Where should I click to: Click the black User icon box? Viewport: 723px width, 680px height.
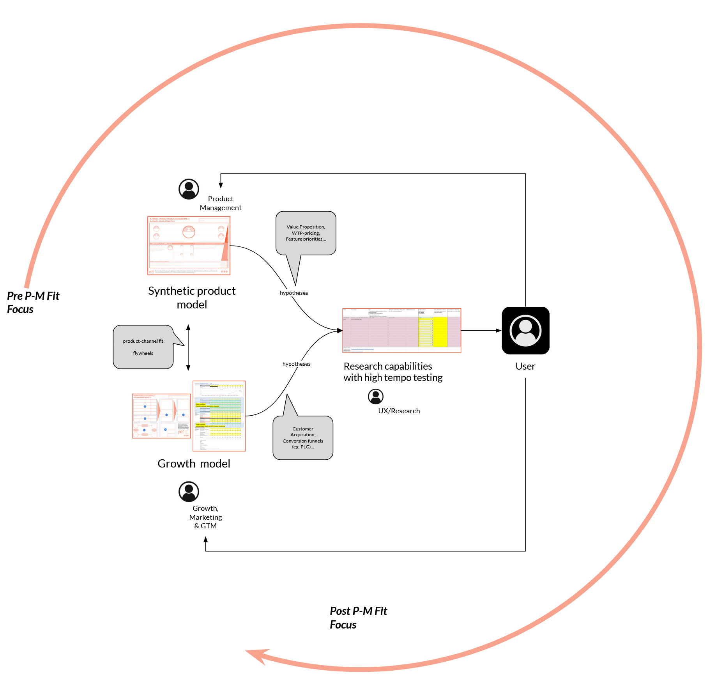point(525,330)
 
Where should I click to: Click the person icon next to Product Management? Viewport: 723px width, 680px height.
point(189,189)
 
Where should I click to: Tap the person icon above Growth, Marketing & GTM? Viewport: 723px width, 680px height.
point(189,491)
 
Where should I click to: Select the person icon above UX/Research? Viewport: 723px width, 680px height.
point(375,396)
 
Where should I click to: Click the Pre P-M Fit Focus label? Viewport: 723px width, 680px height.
point(33,303)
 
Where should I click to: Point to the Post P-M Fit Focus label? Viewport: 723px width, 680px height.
point(358,618)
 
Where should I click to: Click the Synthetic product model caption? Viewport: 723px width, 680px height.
point(192,297)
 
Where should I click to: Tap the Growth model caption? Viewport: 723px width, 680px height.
point(194,464)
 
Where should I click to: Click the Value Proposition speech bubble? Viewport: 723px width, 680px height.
point(306,233)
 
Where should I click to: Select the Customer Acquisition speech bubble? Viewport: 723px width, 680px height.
point(303,438)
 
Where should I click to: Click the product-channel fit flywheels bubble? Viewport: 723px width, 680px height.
point(143,347)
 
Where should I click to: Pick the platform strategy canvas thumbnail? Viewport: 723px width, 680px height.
point(189,246)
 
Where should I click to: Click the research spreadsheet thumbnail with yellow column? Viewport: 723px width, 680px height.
point(401,331)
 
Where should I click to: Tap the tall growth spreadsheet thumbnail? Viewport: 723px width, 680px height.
point(219,416)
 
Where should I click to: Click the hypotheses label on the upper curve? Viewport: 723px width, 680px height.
point(294,293)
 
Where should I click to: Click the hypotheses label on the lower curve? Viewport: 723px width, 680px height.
point(296,364)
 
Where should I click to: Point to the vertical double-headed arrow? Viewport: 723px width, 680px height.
point(188,347)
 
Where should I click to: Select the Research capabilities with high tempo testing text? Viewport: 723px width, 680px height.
point(392,372)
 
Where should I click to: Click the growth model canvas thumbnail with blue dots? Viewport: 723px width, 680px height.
point(161,416)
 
